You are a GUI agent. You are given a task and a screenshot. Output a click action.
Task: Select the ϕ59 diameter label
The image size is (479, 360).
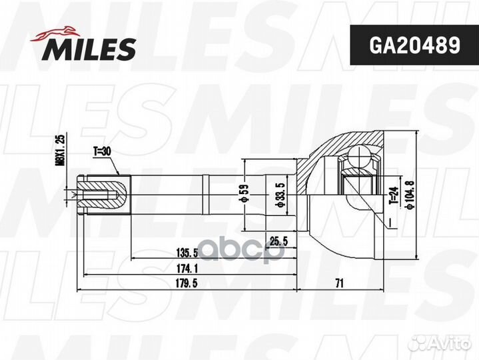[x=244, y=194]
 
